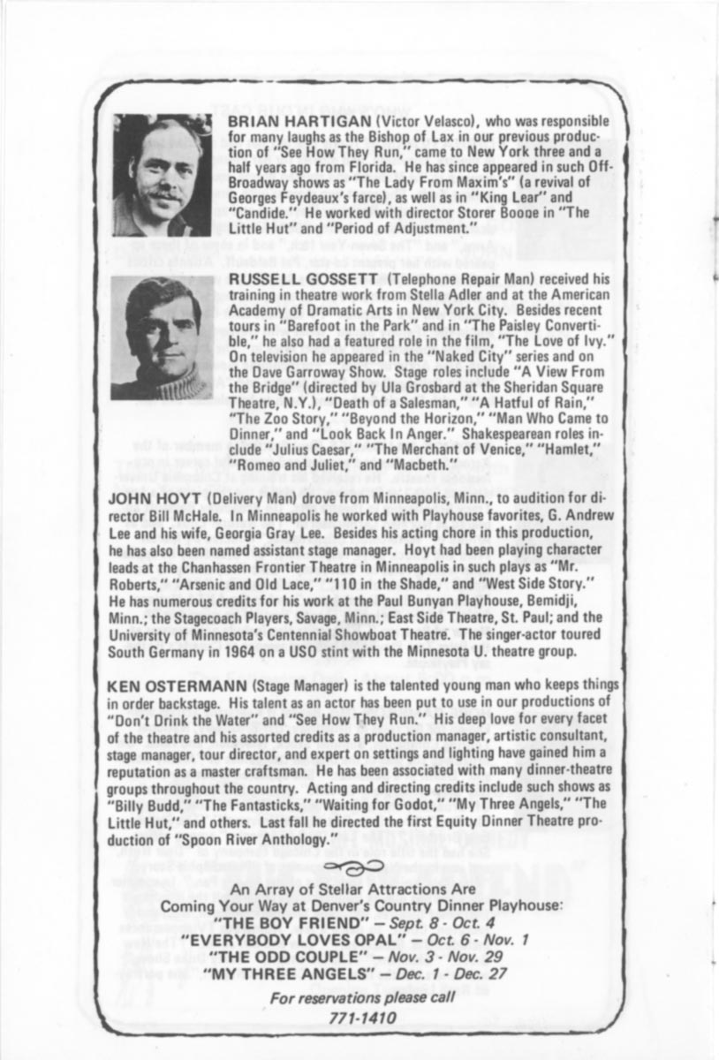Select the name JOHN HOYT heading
point(140,498)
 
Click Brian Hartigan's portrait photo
point(162,175)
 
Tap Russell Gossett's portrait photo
point(162,337)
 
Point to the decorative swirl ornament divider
point(359,867)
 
